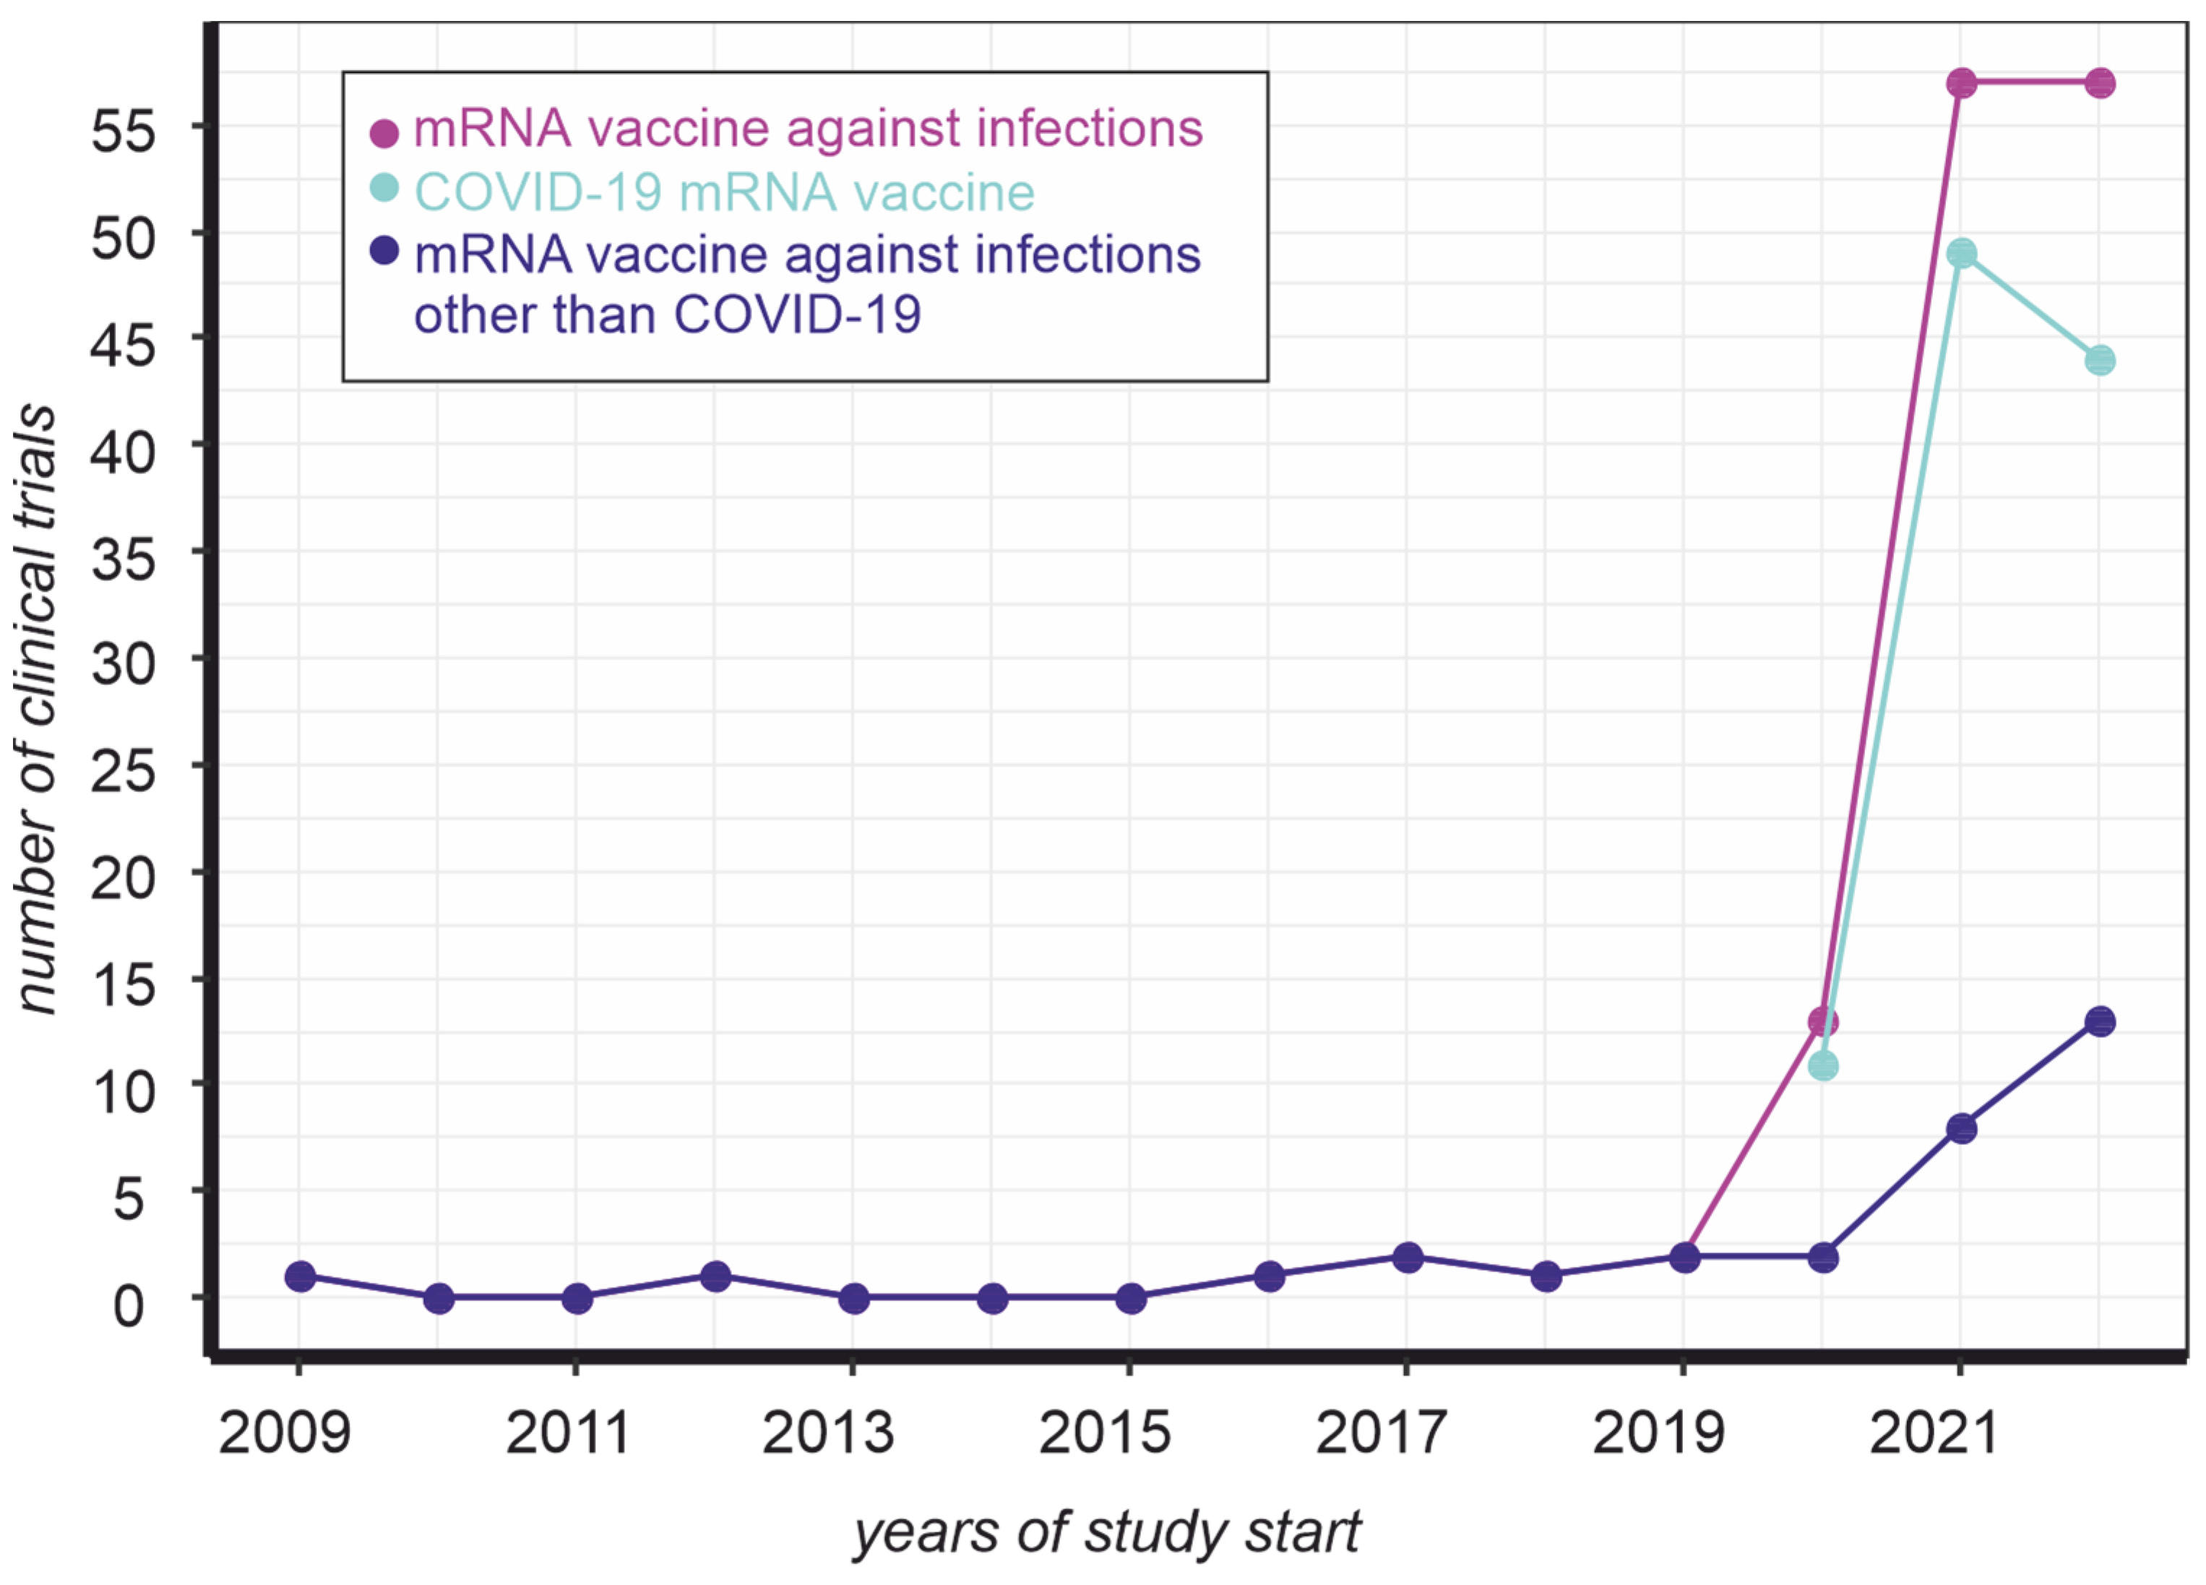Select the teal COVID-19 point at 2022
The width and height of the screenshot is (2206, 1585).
point(2100,360)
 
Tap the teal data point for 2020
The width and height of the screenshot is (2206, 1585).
point(1823,1065)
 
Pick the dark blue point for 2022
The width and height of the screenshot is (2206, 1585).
point(2100,1022)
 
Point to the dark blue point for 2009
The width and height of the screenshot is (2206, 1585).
point(301,1276)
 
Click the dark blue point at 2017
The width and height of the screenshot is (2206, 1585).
point(1408,1256)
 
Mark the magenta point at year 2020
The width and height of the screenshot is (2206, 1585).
point(1823,1022)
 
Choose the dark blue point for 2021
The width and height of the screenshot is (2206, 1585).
point(1962,1129)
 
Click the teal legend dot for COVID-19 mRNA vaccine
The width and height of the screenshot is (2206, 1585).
point(384,188)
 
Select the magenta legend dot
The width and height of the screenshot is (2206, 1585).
point(384,133)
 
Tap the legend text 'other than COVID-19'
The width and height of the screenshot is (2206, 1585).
point(667,314)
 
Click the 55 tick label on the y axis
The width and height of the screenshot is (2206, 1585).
point(124,130)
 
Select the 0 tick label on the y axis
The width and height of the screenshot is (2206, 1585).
point(129,1305)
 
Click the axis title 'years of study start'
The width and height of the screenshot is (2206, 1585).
point(1106,1532)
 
